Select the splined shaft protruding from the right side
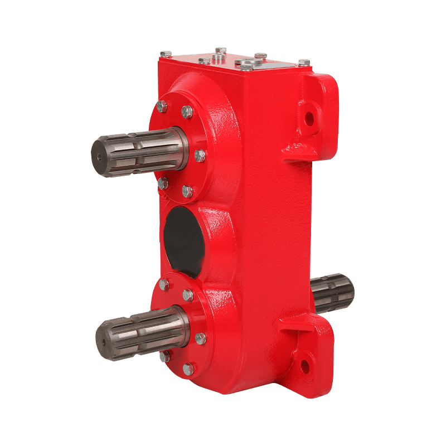333,293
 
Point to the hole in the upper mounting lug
309,118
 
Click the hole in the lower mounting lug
306,366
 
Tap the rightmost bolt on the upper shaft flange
200,156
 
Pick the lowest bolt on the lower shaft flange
188,369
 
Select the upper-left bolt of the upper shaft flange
162,106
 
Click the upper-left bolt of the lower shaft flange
164,284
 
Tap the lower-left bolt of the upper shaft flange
163,182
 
